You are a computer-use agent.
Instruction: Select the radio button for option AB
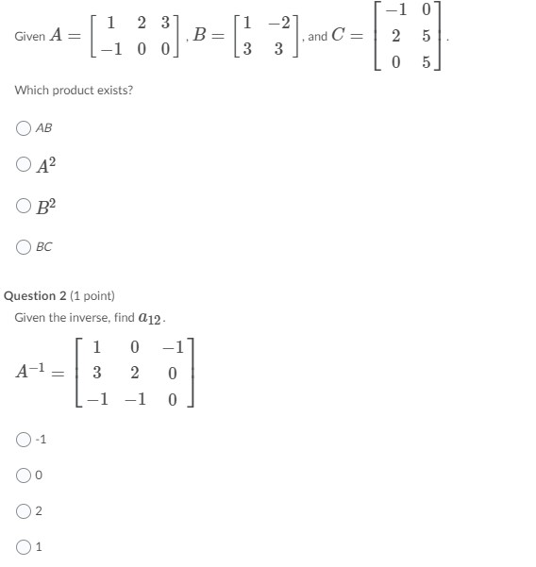23,127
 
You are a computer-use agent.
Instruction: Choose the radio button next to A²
23,164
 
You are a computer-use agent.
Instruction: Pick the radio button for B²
23,205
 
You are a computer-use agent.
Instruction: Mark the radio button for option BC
23,247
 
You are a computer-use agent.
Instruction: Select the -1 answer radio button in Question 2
23,439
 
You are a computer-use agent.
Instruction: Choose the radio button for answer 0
23,475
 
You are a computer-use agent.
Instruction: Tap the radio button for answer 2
23,511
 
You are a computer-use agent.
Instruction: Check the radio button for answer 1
23,545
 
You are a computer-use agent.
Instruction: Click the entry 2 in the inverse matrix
135,373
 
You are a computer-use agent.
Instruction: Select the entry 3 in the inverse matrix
96,373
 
